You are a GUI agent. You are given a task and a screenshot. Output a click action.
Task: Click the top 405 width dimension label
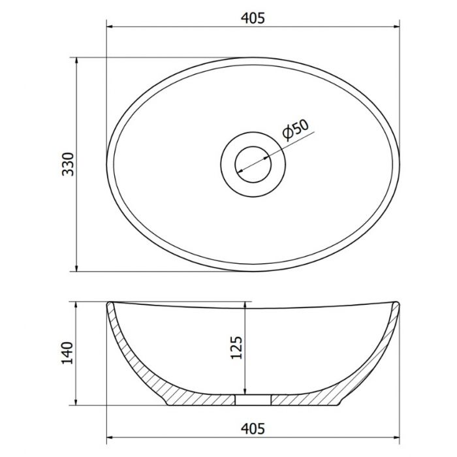(253, 18)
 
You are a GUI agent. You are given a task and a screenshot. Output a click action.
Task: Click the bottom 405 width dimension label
(253, 429)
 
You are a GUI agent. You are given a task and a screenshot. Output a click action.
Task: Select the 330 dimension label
(68, 164)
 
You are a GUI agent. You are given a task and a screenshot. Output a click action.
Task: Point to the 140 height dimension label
(67, 353)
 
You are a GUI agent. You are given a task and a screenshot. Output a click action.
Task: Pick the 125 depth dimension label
(236, 348)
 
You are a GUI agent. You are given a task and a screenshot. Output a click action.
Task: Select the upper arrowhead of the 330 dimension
(76, 61)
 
